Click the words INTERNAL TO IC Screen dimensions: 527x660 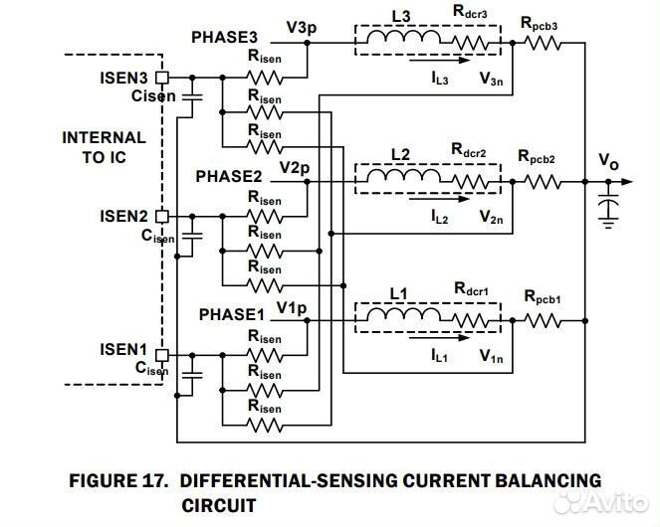(104, 147)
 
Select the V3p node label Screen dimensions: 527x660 (300, 29)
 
